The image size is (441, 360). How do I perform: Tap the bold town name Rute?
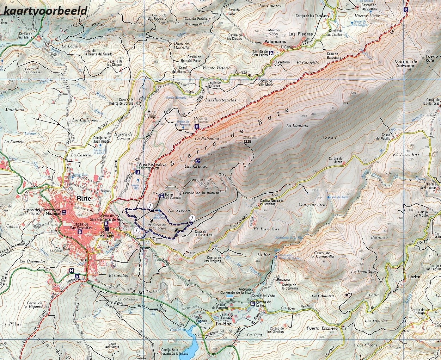[84, 198]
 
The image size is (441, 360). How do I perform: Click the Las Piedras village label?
[300, 34]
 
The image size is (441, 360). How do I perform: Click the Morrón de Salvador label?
[405, 64]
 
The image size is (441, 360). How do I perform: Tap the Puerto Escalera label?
[322, 328]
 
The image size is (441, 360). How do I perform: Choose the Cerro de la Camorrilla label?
[322, 255]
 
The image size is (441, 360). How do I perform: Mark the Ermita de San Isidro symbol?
[271, 53]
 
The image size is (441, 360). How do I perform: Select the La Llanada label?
[297, 125]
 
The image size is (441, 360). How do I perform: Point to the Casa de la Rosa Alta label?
[203, 233]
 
